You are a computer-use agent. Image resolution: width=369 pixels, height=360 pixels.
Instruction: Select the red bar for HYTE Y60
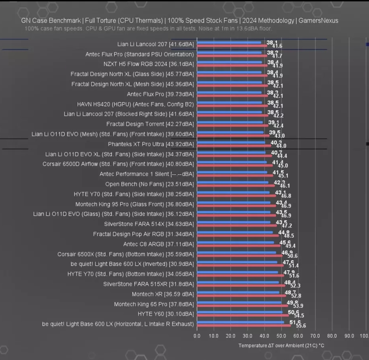pos(243,315)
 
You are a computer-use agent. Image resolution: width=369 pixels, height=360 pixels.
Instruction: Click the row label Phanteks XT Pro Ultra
pos(151,144)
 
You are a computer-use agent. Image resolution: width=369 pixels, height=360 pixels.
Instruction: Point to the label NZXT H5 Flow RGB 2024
pos(149,64)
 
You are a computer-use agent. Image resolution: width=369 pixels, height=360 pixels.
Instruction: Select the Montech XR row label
pos(163,294)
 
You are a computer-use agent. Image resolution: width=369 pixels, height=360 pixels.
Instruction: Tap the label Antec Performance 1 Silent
pos(147,174)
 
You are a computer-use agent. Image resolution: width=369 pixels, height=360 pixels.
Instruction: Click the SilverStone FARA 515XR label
pos(148,284)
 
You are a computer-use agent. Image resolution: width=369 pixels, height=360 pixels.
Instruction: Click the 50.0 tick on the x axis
pos(281,336)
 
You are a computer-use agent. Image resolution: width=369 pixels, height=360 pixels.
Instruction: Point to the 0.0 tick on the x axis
pos(197,336)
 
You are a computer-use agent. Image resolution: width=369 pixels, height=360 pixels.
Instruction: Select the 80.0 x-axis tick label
pos(332,336)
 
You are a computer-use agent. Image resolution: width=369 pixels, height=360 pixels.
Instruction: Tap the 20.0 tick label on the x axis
pos(231,336)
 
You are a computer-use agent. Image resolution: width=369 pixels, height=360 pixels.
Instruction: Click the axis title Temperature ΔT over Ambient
pos(281,346)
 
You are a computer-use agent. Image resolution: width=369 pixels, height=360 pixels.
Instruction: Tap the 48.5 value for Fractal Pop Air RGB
pos(289,236)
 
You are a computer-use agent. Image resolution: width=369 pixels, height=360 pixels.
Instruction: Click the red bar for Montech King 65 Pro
pos(242,305)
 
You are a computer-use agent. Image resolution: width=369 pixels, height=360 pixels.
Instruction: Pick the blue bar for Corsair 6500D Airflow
pos(232,162)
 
